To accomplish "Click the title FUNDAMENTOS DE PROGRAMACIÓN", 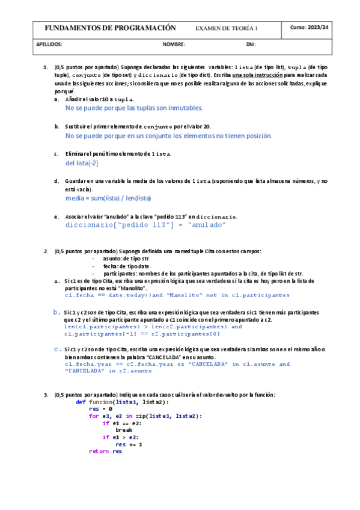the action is [x=110, y=28].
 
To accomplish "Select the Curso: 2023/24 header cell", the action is [x=310, y=28].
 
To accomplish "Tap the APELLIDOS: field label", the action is [x=49, y=45].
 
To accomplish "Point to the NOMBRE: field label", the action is [x=174, y=45].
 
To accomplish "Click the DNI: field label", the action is [x=251, y=45].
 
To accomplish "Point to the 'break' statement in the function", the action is [x=123, y=430].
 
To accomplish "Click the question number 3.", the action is [x=46, y=395].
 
